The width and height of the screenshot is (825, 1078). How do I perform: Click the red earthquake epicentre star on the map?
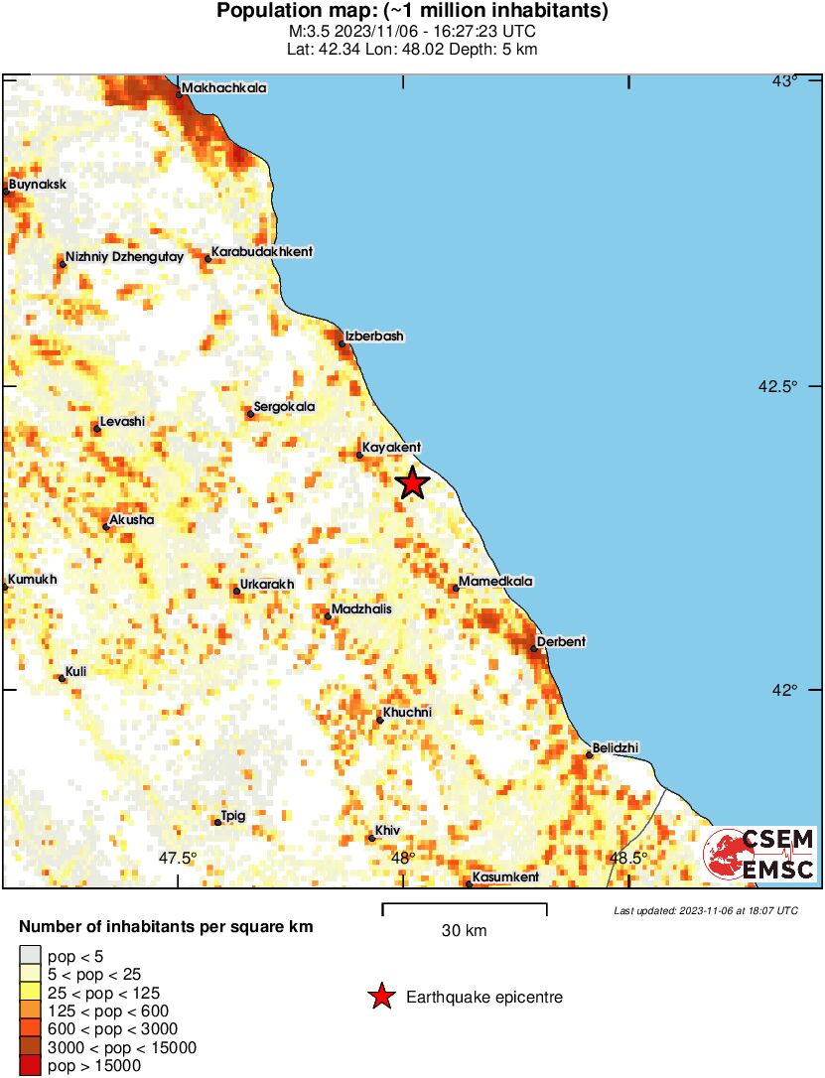(412, 483)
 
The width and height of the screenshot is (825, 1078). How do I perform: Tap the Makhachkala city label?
(223, 88)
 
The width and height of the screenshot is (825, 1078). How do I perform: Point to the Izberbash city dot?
(343, 344)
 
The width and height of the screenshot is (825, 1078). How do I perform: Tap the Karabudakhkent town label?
(262, 252)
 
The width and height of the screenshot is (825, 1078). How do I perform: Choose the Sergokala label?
(284, 407)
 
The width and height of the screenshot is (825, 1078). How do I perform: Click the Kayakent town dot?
(359, 456)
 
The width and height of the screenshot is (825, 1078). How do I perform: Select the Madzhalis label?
(361, 609)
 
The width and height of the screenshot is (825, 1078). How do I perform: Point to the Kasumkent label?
(505, 877)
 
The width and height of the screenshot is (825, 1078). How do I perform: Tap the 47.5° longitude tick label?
(180, 859)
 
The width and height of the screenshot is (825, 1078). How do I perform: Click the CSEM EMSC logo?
(759, 855)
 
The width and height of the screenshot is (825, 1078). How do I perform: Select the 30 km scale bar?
(465, 904)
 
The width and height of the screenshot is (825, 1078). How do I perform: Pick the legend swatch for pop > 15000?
(30, 1066)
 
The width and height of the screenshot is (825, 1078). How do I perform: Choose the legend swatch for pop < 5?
(30, 957)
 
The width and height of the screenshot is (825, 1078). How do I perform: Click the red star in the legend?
(381, 998)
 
